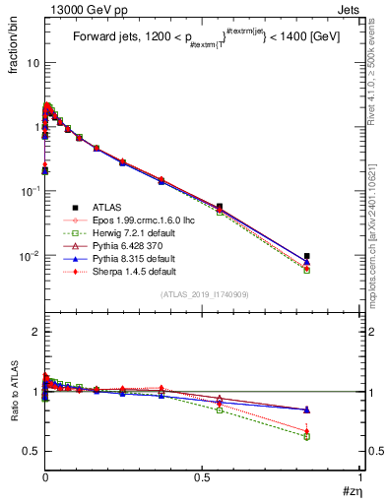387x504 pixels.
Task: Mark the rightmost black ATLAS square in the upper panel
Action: (x=307, y=256)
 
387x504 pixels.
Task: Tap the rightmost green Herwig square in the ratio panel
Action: (x=307, y=436)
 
